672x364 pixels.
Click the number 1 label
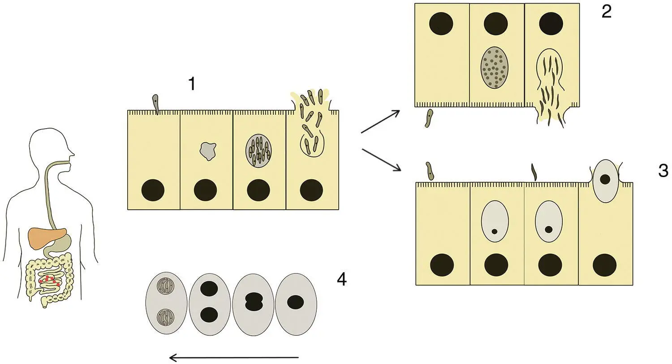pyautogui.click(x=192, y=84)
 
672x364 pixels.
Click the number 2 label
pyautogui.click(x=606, y=12)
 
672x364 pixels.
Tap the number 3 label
pyautogui.click(x=663, y=171)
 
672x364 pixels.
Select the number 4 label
pyautogui.click(x=341, y=280)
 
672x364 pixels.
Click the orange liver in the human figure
pyautogui.click(x=45, y=238)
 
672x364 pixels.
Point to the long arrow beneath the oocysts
pyautogui.click(x=233, y=357)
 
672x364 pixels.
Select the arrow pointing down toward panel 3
pyautogui.click(x=381, y=160)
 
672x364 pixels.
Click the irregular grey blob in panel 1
pyautogui.click(x=207, y=151)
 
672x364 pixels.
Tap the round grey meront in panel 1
pyautogui.click(x=259, y=150)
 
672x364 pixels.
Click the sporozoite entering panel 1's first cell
pyautogui.click(x=155, y=103)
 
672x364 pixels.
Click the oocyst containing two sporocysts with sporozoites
pyautogui.click(x=166, y=303)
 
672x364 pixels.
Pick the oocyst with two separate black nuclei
pyautogui.click(x=209, y=303)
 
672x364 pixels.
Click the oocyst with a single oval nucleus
pyautogui.click(x=296, y=303)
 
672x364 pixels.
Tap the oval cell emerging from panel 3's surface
pyautogui.click(x=605, y=179)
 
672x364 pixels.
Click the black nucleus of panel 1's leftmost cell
pyautogui.click(x=153, y=190)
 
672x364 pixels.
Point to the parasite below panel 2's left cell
pyautogui.click(x=429, y=118)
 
